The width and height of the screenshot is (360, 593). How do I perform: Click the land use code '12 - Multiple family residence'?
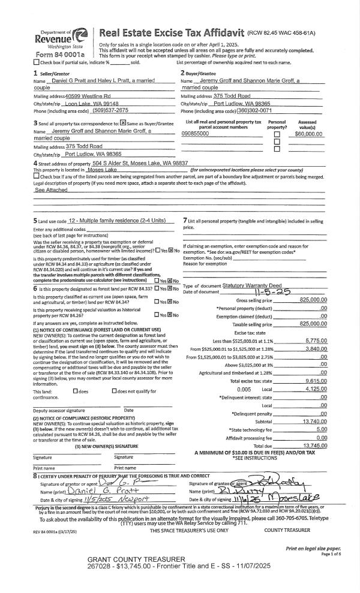click(116, 222)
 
